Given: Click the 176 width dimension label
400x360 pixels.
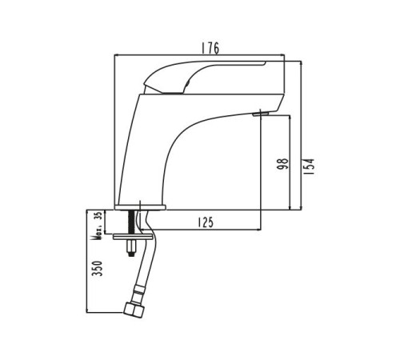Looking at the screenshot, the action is pos(210,48).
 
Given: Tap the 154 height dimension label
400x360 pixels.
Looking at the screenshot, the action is pos(310,166).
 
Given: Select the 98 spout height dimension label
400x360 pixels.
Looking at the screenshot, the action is pos(283,164).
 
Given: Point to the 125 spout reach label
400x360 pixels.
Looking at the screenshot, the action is pos(206,222).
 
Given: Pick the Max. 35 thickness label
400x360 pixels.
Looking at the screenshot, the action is pos(98,226).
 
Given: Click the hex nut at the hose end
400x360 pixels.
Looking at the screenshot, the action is pos(134,310).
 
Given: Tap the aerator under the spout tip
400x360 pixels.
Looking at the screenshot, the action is pos(261,114).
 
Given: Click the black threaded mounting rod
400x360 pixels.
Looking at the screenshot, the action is pos(131,222).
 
